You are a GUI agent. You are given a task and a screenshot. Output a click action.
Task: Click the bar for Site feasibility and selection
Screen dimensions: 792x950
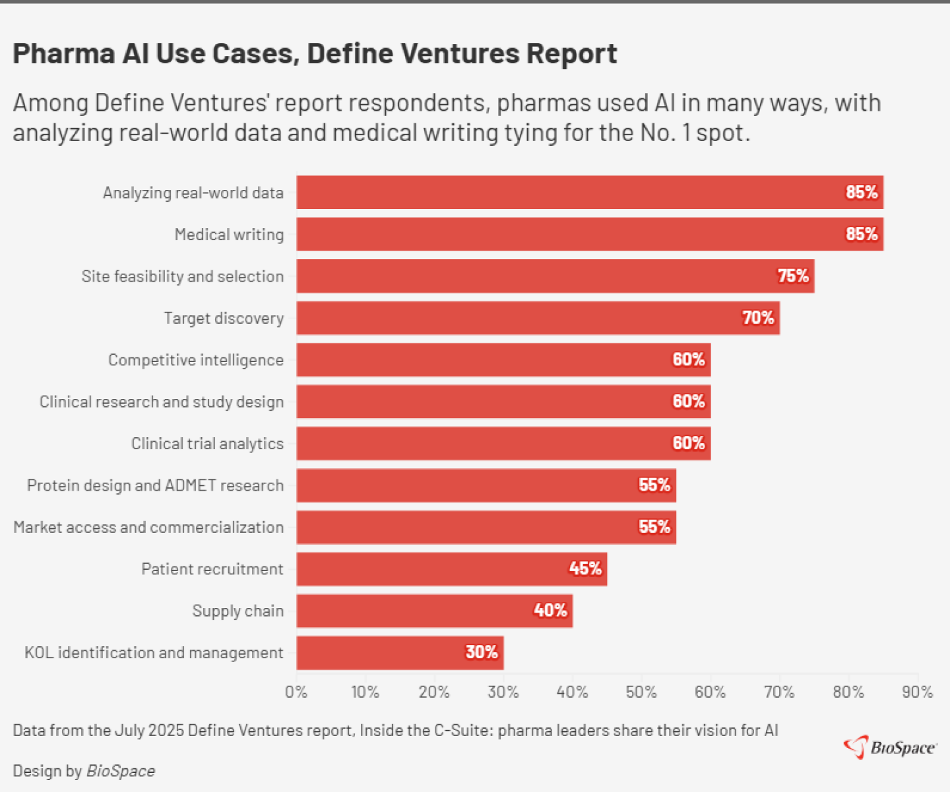tap(555, 276)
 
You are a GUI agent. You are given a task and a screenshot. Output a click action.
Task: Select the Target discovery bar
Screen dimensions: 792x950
tap(538, 318)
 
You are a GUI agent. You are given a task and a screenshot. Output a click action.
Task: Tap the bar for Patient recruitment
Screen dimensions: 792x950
tap(451, 568)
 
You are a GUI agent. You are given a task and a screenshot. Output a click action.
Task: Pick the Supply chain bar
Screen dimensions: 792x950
tap(434, 611)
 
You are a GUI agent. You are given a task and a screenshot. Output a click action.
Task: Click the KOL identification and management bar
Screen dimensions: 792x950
tap(400, 652)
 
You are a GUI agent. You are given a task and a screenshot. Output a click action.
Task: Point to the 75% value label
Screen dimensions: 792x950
tap(793, 276)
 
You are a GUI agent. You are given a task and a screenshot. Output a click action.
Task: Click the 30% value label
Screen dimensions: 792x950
tap(482, 652)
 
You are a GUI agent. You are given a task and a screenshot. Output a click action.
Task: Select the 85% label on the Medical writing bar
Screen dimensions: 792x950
tap(862, 234)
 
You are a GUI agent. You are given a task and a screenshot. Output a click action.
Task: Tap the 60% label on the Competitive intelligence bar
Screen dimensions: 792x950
tap(689, 359)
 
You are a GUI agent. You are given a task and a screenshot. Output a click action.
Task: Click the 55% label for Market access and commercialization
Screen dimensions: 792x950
tap(654, 527)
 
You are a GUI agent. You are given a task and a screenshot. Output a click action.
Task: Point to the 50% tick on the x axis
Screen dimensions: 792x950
tap(641, 692)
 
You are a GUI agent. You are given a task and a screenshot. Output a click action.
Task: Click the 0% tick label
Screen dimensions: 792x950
tap(296, 692)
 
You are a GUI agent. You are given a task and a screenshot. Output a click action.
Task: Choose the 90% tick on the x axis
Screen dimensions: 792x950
tap(917, 692)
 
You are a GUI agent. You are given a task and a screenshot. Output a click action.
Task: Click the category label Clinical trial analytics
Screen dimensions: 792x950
tap(207, 444)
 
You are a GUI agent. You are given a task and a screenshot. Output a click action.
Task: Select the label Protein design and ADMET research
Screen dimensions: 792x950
tap(155, 485)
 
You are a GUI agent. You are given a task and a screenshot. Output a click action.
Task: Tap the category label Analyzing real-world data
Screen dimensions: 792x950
tap(193, 193)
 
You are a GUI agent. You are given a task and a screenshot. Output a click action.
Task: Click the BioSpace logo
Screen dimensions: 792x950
tap(890, 747)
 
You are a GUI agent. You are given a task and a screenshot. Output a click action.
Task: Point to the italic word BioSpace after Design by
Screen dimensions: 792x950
tap(121, 771)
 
